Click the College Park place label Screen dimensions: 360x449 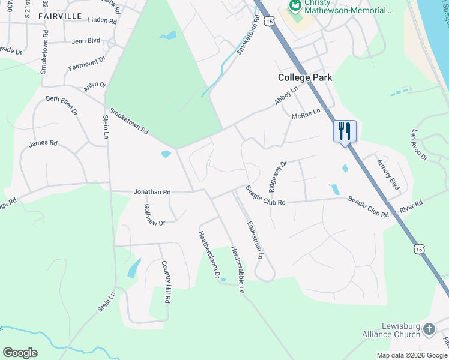coord(304,77)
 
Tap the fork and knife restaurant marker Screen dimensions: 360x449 coord(345,131)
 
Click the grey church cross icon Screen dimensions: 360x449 coord(429,329)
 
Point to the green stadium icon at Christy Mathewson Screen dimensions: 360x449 coord(295,6)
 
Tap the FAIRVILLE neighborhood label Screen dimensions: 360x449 coord(60,16)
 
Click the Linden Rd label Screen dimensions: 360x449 coord(102,20)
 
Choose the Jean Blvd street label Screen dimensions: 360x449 coord(86,41)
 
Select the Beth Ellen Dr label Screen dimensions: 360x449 coord(62,103)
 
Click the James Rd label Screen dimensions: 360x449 coord(43,143)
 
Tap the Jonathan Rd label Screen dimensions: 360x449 coord(152,192)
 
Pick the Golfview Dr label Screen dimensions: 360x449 coord(154,215)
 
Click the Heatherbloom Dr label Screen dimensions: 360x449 coord(211,255)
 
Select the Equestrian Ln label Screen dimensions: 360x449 coord(255,240)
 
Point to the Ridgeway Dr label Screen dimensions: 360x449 coord(278,175)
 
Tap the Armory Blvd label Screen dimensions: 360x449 coord(388,174)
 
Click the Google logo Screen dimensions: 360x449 coord(20,353)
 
